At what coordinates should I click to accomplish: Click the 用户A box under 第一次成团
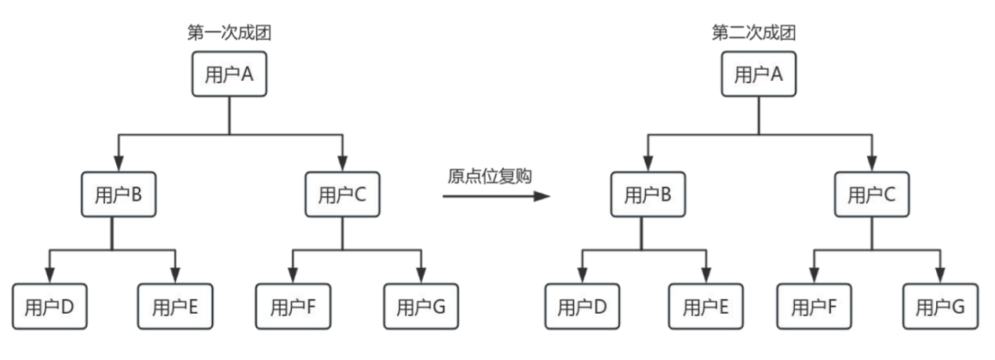pyautogui.click(x=228, y=75)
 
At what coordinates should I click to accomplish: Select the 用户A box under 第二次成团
pyautogui.click(x=758, y=75)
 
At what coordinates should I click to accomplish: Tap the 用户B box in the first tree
pyautogui.click(x=118, y=195)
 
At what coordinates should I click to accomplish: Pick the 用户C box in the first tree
pyautogui.click(x=341, y=195)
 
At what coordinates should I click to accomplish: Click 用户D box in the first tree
pyautogui.click(x=49, y=306)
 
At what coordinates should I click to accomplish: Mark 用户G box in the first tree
pyautogui.click(x=421, y=306)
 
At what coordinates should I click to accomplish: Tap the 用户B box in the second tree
pyautogui.click(x=647, y=195)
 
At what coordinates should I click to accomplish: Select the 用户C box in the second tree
pyautogui.click(x=871, y=195)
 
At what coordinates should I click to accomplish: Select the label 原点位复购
pyautogui.click(x=490, y=176)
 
